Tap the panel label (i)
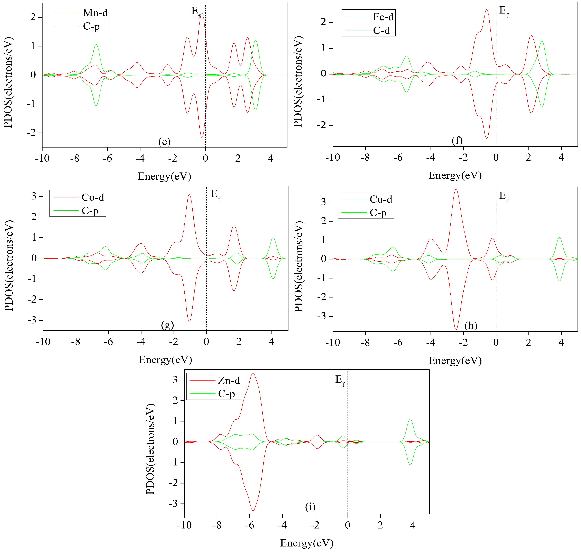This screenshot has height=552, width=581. pos(310,507)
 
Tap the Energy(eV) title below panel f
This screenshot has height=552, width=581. pos(455,175)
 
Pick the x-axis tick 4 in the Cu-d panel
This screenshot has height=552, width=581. pos(561,342)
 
